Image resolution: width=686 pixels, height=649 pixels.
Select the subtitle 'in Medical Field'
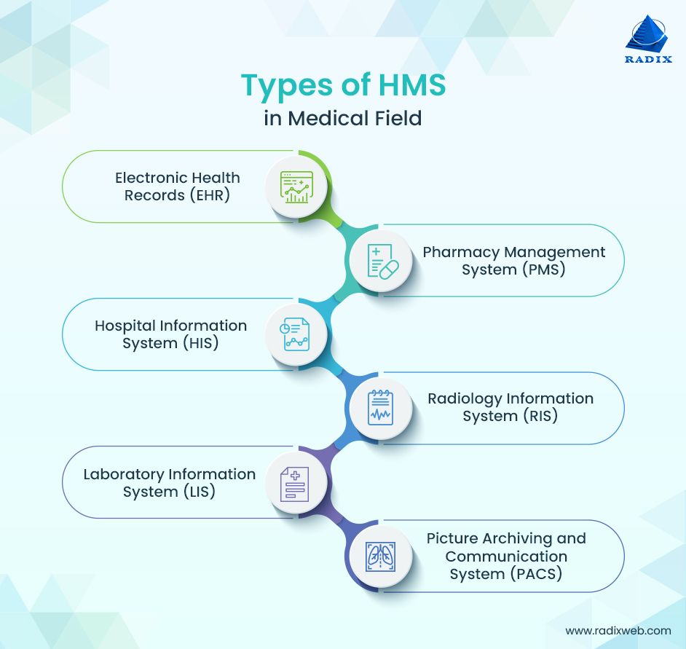point(343,118)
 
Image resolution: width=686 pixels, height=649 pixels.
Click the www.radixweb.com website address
point(618,631)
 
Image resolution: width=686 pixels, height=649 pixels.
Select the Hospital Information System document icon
point(296,335)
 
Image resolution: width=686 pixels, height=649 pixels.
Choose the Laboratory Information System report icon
point(296,483)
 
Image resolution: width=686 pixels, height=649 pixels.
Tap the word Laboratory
point(123,474)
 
